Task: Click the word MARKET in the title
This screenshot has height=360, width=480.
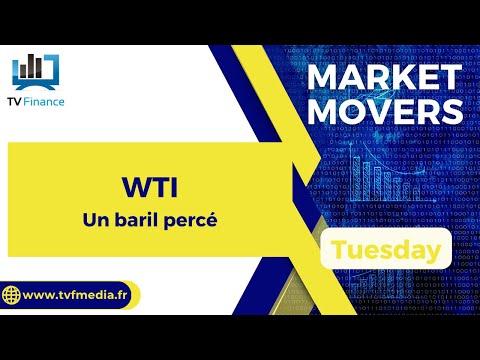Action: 385,77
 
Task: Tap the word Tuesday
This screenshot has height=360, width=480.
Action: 386,250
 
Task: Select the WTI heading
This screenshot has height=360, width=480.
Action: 150,187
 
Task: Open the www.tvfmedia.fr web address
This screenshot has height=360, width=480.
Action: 75,295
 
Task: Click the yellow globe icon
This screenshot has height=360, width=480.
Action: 11,295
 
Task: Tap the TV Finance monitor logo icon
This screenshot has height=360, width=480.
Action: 36,72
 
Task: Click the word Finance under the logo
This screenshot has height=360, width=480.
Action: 44,102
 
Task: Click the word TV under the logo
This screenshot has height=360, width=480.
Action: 15,102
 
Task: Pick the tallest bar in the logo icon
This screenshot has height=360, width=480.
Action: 31,66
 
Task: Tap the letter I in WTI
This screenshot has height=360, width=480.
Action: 175,187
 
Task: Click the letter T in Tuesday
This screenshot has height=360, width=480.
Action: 339,249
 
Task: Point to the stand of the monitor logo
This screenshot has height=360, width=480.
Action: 36,87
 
